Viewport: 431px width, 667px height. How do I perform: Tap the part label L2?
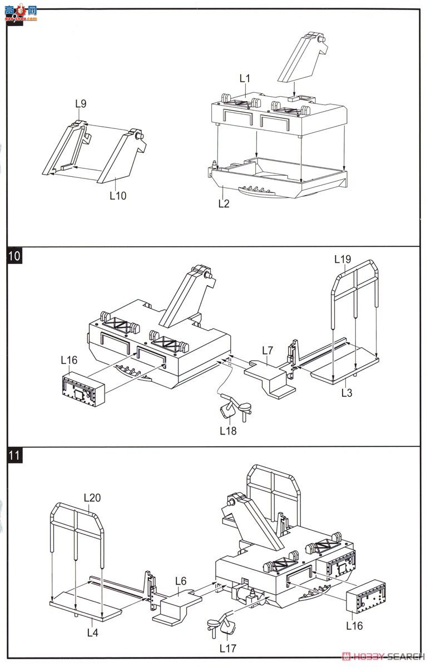224,203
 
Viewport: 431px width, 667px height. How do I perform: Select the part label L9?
81,103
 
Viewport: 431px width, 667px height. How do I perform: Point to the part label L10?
118,195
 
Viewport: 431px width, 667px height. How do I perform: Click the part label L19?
343,259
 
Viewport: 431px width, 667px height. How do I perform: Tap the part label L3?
346,393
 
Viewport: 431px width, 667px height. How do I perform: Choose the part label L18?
228,430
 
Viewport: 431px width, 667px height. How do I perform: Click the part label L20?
92,497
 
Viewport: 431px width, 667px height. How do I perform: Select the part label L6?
180,581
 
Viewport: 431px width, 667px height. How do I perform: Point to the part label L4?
93,632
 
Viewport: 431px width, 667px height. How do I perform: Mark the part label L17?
228,648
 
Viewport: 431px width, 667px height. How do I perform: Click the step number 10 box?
15,256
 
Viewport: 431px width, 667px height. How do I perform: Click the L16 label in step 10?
69,360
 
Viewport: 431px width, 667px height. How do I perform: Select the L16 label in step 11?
354,625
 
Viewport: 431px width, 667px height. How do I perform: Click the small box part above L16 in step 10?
82,389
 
